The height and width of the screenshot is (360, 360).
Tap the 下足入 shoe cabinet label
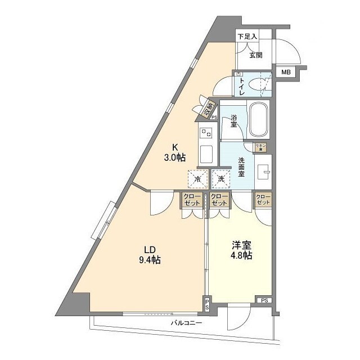[x=247, y=37]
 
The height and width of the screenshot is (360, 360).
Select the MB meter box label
[x=286, y=72]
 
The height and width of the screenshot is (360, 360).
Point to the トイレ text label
[x=242, y=87]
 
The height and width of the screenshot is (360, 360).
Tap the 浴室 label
[x=233, y=122]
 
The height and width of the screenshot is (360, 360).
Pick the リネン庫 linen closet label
[x=260, y=146]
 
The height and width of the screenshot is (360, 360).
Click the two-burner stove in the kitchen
[x=205, y=134]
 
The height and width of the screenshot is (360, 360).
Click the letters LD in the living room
[x=148, y=249]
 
